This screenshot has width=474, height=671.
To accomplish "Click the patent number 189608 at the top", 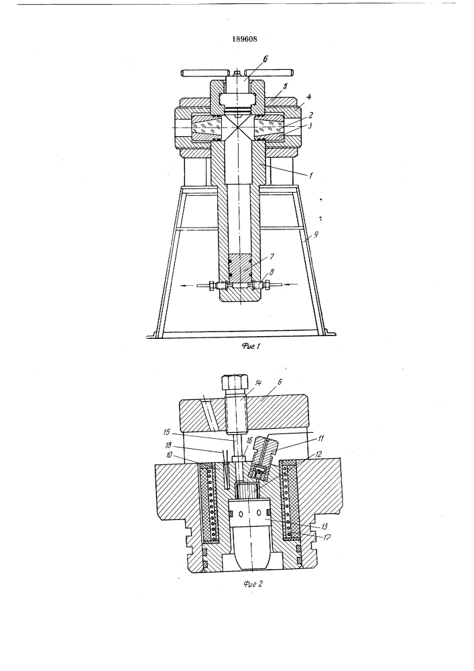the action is coord(245,39).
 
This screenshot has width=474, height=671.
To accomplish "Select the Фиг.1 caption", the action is coord(251,346).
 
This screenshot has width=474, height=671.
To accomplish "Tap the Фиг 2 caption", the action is coord(251,584).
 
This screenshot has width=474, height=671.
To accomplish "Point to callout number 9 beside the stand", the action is coord(316,235).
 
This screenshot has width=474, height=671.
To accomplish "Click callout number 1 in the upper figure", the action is coord(310,175).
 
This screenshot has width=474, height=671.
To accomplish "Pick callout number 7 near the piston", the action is coord(272,256).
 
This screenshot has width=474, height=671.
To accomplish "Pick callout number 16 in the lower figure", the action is coord(249,440).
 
